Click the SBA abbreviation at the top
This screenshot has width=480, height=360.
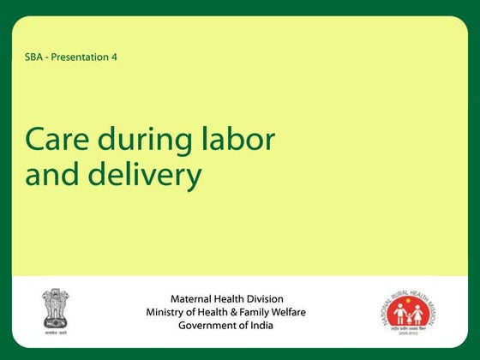[x=36, y=57]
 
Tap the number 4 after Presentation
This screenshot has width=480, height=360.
[x=114, y=57]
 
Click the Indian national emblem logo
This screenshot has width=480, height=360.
[x=56, y=306]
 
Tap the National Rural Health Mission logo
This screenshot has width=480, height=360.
[x=408, y=314]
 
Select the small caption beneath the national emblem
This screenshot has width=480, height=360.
[x=56, y=329]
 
